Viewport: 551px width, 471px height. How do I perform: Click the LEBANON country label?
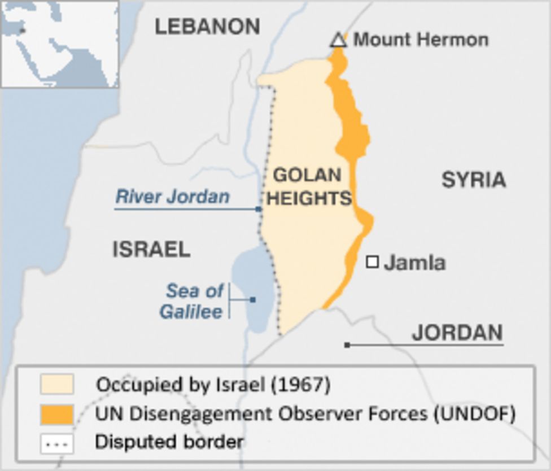pyautogui.click(x=207, y=27)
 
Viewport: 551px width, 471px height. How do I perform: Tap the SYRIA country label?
pyautogui.click(x=473, y=180)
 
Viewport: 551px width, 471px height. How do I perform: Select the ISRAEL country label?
pyautogui.click(x=151, y=249)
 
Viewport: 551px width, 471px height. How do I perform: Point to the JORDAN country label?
pyautogui.click(x=457, y=333)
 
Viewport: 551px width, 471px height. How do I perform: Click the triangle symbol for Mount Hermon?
pyautogui.click(x=338, y=40)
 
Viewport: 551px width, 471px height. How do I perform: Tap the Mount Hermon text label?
pyautogui.click(x=421, y=40)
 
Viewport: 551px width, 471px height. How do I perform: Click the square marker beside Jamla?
pyautogui.click(x=372, y=261)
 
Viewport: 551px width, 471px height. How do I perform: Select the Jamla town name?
pyautogui.click(x=414, y=263)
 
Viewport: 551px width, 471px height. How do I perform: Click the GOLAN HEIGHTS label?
pyautogui.click(x=308, y=186)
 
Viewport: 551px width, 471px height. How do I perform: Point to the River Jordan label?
pyautogui.click(x=172, y=197)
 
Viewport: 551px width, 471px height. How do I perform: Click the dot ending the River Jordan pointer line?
pyautogui.click(x=259, y=210)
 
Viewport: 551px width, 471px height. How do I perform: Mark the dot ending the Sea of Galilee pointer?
pyautogui.click(x=252, y=300)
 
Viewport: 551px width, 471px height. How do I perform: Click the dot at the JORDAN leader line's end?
pyautogui.click(x=347, y=344)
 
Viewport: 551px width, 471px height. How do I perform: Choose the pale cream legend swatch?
pyautogui.click(x=56, y=385)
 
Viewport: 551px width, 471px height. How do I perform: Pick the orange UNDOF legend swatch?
pyautogui.click(x=56, y=414)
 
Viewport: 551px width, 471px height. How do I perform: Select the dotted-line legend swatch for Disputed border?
pyautogui.click(x=56, y=443)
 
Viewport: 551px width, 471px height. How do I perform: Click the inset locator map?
pyautogui.click(x=59, y=44)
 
